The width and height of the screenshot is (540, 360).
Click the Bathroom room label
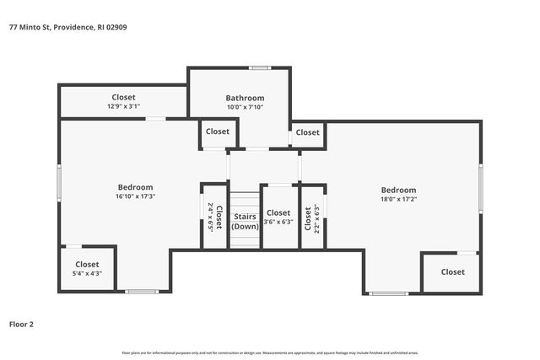pyautogui.click(x=245, y=98)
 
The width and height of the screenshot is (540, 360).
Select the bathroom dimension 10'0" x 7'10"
pyautogui.click(x=245, y=107)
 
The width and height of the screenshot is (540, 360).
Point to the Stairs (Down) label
pyautogui.click(x=246, y=222)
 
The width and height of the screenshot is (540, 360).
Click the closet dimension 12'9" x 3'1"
pyautogui.click(x=123, y=107)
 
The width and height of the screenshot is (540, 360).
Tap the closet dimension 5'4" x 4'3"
pyautogui.click(x=87, y=273)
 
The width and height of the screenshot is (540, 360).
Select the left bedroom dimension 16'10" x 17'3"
pyautogui.click(x=135, y=196)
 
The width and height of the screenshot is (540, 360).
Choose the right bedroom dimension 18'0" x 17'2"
pyautogui.click(x=398, y=199)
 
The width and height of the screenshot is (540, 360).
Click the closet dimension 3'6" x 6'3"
pyautogui.click(x=278, y=222)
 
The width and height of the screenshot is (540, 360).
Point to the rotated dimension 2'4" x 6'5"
pyautogui.click(x=210, y=218)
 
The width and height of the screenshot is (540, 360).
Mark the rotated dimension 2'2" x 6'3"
pyautogui.click(x=317, y=218)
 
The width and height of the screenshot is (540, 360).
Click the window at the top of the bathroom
pyautogui.click(x=259, y=67)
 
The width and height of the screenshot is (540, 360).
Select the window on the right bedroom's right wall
pyautogui.click(x=481, y=187)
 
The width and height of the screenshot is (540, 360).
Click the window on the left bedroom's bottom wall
pyautogui.click(x=142, y=292)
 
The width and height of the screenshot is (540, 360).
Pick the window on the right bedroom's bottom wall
pyautogui.click(x=389, y=293)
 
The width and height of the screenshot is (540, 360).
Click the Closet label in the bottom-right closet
pyautogui.click(x=452, y=272)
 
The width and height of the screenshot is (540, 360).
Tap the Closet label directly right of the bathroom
pyautogui.click(x=308, y=132)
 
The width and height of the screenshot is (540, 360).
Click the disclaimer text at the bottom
pyautogui.click(x=270, y=352)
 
